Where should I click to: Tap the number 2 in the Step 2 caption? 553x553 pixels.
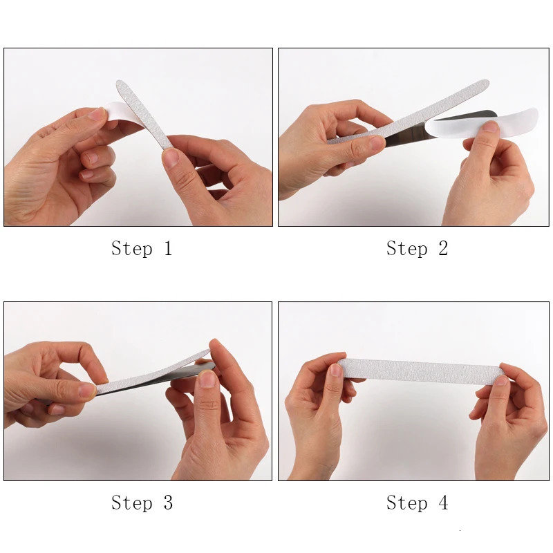pos(442,248)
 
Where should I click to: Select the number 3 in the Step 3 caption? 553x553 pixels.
pos(167,503)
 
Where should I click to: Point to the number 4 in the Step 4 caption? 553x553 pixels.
pos(442,503)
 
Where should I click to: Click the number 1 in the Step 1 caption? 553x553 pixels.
pos(167,248)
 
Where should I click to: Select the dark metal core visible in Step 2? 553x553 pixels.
pos(408,138)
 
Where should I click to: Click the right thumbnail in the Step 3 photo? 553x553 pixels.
pos(207,378)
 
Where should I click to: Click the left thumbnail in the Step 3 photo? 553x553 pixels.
pos(86,391)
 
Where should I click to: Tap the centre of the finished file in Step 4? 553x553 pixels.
pos(422,371)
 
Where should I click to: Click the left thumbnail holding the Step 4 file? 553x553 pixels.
pos(335,370)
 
